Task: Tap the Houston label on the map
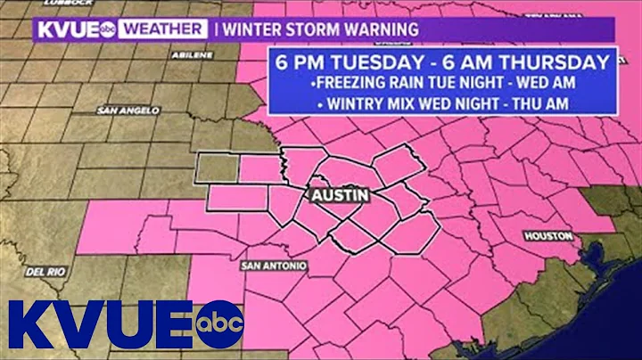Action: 542,236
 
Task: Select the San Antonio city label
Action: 274,266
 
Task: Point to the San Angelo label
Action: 120,110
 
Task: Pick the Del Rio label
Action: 43,270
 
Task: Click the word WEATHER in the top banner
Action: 162,29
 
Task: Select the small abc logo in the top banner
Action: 108,29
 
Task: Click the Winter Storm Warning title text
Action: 320,29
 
